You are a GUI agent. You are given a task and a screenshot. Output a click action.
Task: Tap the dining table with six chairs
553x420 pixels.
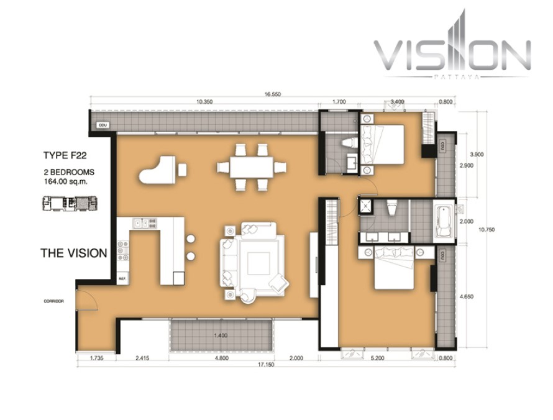click(x=252, y=167)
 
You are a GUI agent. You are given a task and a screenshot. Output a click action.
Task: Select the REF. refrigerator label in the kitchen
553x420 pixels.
click(x=122, y=279)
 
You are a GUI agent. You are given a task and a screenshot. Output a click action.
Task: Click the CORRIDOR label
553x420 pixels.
click(x=54, y=301)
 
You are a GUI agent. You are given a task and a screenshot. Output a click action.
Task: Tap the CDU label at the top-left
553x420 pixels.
click(x=103, y=126)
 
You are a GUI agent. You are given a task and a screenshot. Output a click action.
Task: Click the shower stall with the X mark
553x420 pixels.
click(x=365, y=208)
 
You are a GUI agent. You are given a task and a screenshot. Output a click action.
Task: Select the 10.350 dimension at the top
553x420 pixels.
click(x=204, y=101)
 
